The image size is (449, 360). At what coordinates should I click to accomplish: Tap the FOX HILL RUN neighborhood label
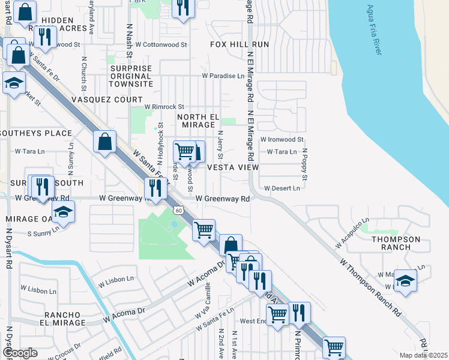pos(239,45)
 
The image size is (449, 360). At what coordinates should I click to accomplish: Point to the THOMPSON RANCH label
pos(396,243)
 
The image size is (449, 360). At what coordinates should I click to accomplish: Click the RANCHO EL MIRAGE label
pos(62,319)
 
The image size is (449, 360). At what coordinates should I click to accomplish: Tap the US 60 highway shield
pos(178,209)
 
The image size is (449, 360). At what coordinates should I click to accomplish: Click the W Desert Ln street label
pos(282,188)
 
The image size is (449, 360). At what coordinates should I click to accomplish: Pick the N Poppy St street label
pos(305,165)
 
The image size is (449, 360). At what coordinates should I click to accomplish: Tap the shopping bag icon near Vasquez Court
pos(105,142)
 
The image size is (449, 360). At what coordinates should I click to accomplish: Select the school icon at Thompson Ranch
pos(406,280)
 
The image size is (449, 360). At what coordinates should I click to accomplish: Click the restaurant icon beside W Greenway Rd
pos(155,188)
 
